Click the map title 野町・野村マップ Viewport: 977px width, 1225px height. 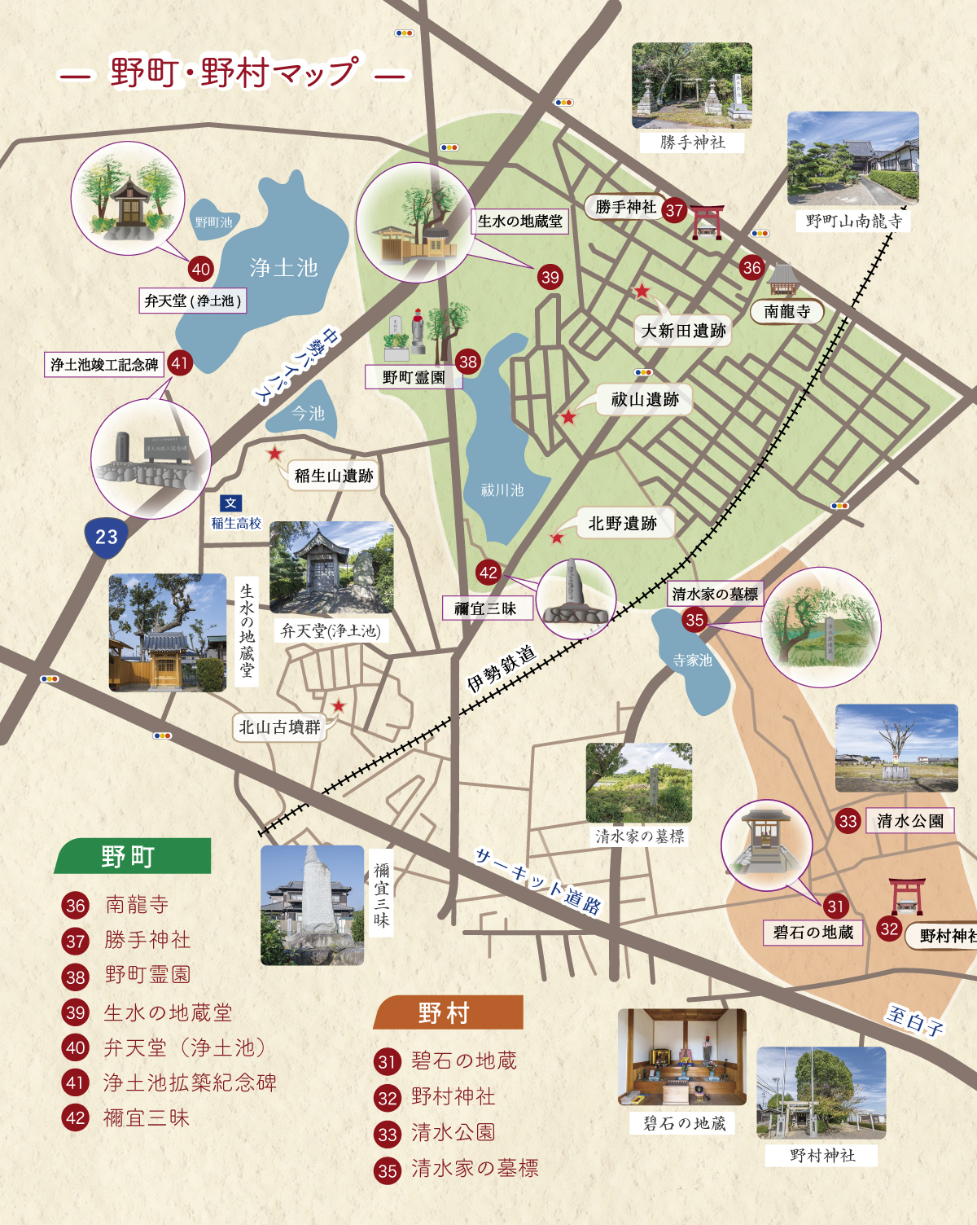point(233,72)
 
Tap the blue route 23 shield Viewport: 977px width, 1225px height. point(107,537)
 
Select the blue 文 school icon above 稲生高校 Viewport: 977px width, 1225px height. point(230,503)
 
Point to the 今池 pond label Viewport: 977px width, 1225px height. point(308,414)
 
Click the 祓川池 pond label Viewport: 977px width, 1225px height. point(502,490)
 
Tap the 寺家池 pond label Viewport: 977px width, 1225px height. point(692,661)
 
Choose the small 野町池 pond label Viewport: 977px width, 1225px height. point(213,222)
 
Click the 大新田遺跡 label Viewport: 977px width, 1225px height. point(683,331)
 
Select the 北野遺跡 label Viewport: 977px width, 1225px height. point(622,524)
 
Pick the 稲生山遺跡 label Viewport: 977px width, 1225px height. point(334,476)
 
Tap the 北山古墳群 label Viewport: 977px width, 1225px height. point(279,727)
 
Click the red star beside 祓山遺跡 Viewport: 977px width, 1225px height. point(568,417)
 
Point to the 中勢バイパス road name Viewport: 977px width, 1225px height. point(296,365)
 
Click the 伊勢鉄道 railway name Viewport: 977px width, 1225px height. point(502,668)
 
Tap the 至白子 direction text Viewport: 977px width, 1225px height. point(914,1020)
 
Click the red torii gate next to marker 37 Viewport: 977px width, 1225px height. point(707,222)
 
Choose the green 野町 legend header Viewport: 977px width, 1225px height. point(130,857)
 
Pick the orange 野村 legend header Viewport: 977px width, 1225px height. point(446,1013)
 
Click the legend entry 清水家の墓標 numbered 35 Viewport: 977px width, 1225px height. point(474,1169)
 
